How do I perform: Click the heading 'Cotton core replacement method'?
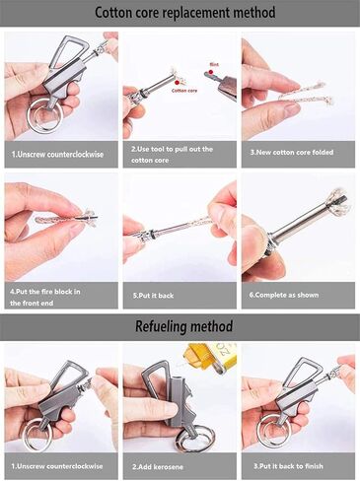pos(180,13)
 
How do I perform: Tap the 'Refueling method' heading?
pos(180,325)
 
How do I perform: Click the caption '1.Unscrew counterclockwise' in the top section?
pos(60,155)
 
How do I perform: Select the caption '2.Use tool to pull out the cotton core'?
pos(179,155)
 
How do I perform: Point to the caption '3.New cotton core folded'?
pos(295,155)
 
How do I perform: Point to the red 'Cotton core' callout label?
pos(185,89)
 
